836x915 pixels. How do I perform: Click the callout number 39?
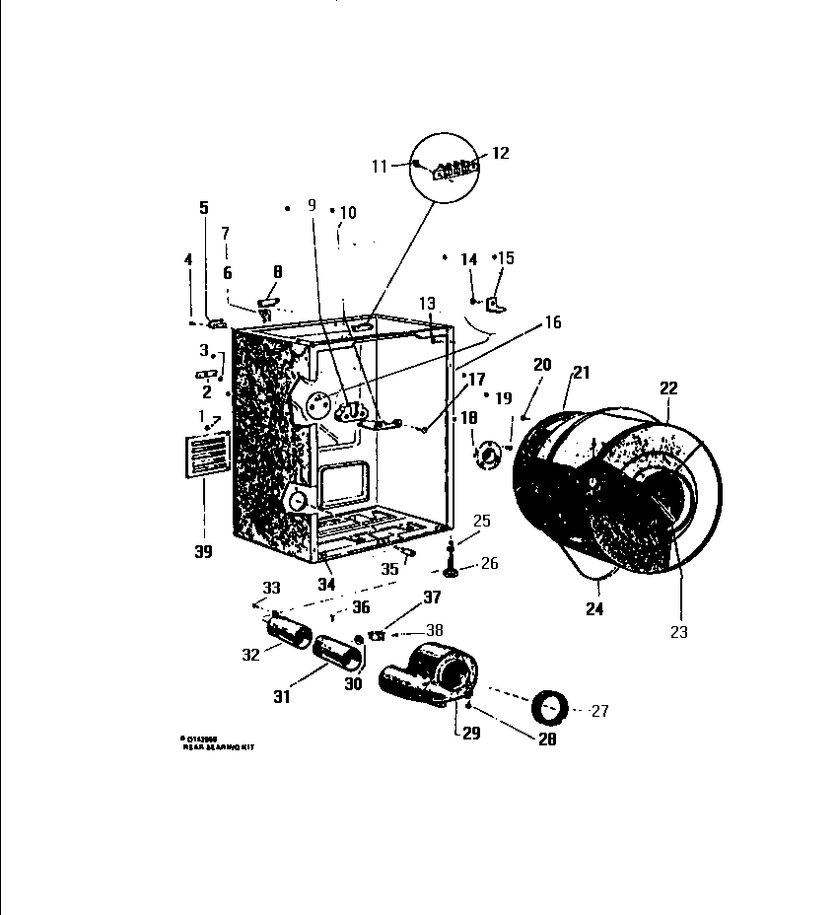click(x=204, y=551)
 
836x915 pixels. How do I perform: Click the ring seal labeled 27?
click(x=548, y=707)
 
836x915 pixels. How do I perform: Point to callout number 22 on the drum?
click(x=668, y=389)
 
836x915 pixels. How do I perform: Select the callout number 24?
click(x=593, y=609)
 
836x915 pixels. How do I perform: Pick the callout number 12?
click(x=500, y=153)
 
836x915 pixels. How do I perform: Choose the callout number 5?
click(x=204, y=208)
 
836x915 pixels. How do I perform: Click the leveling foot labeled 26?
click(x=451, y=570)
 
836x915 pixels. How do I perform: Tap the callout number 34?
click(x=325, y=585)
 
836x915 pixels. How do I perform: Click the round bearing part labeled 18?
click(x=484, y=455)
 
